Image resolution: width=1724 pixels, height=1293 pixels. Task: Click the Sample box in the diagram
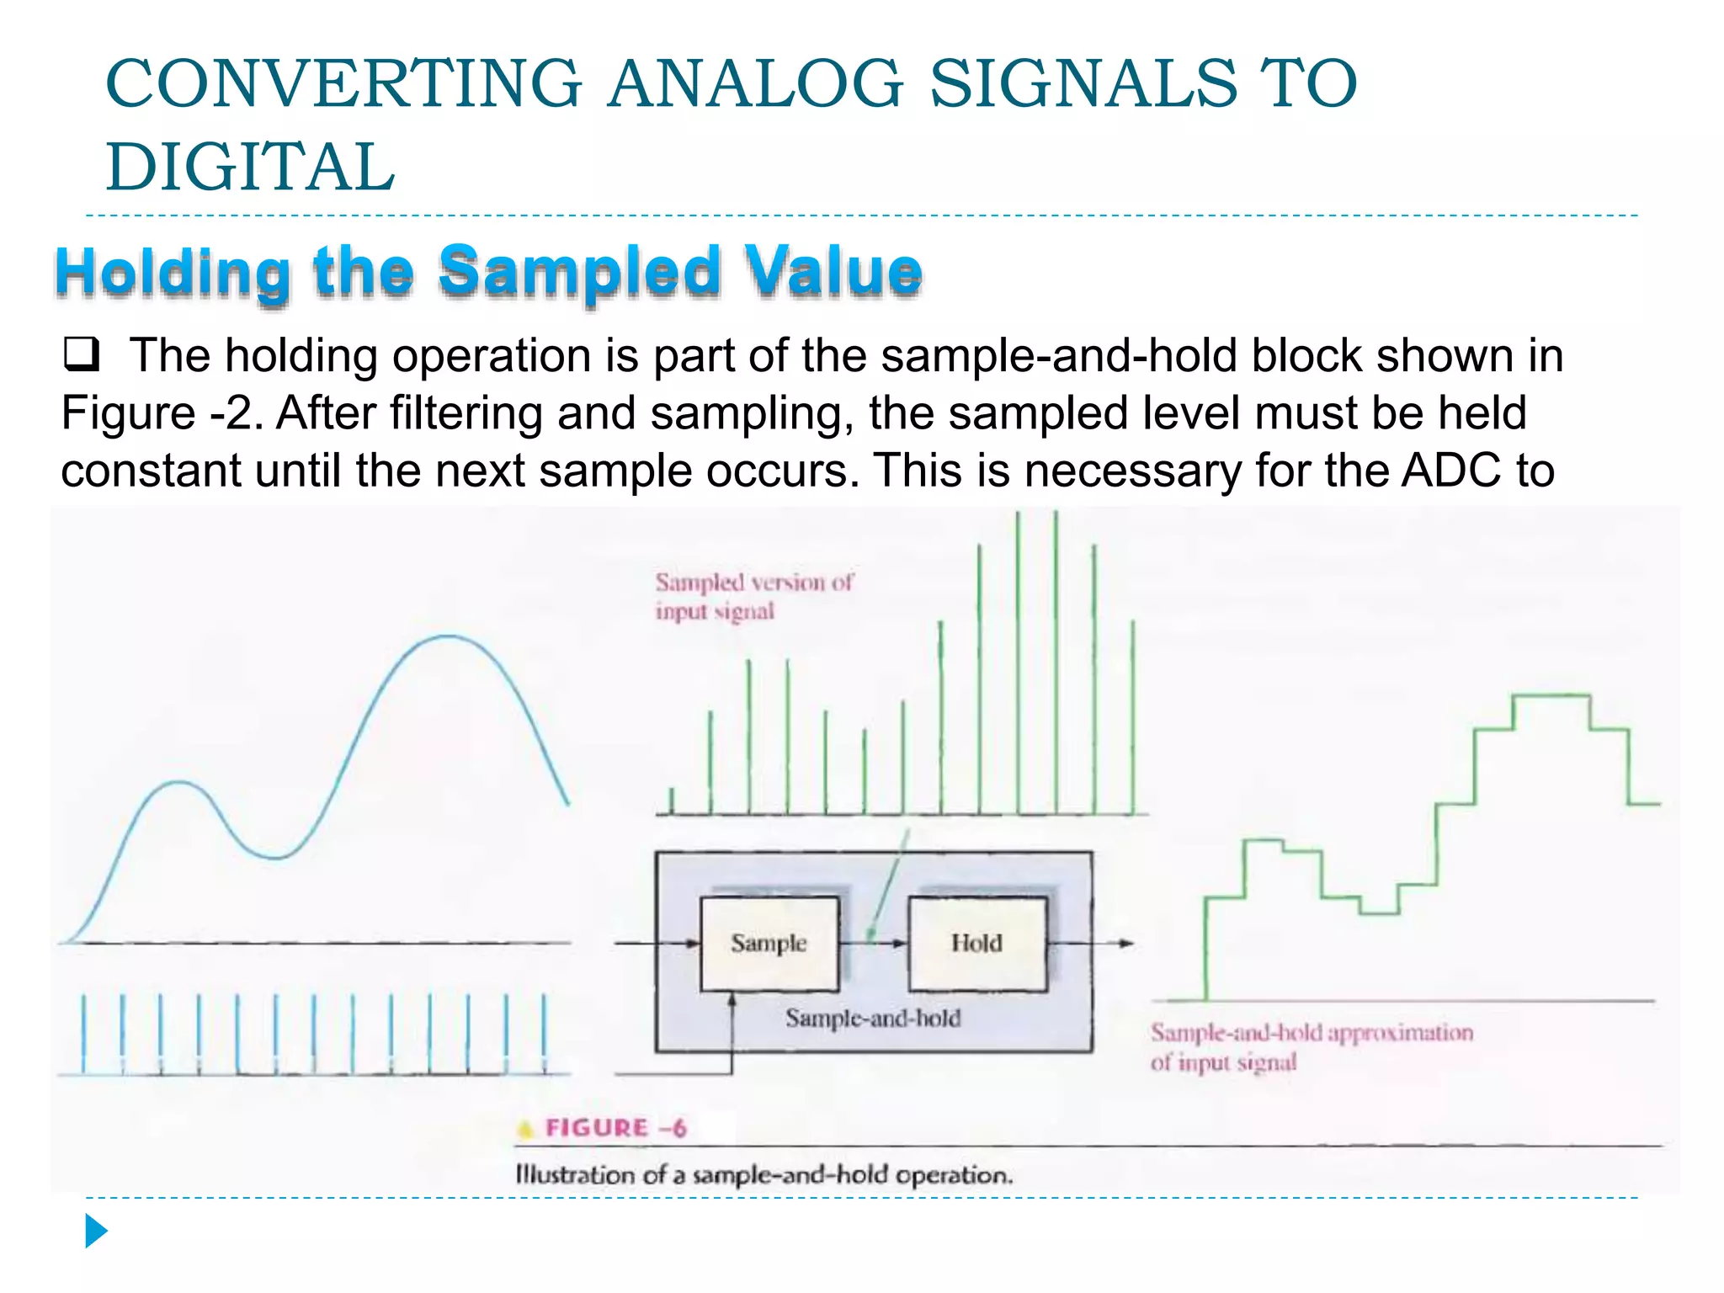769,943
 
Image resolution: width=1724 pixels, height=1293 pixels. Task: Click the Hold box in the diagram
976,943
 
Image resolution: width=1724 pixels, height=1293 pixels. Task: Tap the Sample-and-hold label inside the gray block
873,1019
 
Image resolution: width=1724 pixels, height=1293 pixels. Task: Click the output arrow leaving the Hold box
1094,944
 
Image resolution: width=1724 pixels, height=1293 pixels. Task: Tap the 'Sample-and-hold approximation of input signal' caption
1311,1047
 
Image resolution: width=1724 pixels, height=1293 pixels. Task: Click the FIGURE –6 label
615,1128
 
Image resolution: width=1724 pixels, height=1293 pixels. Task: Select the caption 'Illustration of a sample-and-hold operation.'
764,1175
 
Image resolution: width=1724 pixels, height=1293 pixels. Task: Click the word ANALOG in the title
755,84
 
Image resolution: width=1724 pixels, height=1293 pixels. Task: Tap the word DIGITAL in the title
250,167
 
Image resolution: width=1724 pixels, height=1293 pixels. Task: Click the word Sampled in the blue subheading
580,271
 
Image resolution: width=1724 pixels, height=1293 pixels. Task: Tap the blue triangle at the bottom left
95,1231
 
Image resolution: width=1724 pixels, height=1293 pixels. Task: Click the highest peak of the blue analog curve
449,637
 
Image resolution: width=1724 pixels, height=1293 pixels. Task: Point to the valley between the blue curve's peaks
275,857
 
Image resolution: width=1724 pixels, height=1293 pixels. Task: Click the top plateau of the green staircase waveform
1551,696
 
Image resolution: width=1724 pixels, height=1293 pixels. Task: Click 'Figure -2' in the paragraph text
162,413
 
